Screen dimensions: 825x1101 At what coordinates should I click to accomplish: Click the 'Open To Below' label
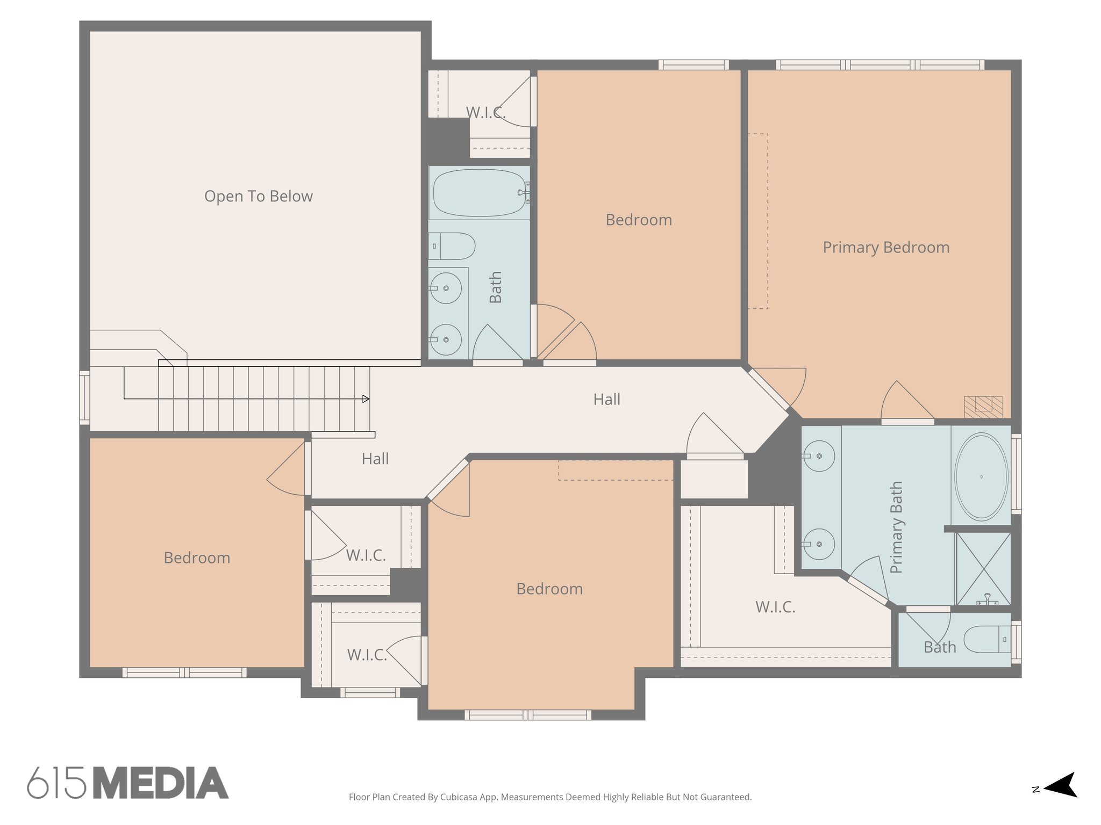tap(258, 197)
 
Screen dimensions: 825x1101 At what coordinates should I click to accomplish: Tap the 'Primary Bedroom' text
tap(885, 248)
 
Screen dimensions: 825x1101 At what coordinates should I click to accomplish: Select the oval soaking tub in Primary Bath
tap(981, 477)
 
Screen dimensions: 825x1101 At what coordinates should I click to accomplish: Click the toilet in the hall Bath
tap(453, 247)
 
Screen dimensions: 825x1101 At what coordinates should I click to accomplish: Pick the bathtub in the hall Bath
tap(479, 193)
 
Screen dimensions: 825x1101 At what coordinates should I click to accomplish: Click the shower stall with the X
tap(983, 568)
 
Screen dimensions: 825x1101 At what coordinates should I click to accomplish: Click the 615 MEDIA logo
tap(128, 783)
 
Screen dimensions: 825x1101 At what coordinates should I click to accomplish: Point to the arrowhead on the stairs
tap(366, 399)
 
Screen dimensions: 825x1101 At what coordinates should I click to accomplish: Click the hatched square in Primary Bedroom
tap(983, 407)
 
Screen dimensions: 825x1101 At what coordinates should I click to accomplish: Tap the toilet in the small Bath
tap(987, 639)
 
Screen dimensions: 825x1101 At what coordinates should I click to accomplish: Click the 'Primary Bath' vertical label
tap(896, 527)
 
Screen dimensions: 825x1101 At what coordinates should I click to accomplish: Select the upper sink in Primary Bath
tap(819, 456)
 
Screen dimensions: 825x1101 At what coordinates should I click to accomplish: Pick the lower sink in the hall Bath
tap(446, 339)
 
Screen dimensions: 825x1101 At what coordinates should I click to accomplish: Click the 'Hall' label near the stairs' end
tap(375, 459)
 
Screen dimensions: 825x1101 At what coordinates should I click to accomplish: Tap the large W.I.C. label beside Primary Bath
tap(775, 607)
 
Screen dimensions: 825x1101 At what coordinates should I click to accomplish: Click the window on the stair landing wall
tap(84, 397)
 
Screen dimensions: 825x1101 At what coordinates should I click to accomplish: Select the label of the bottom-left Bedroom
tap(197, 558)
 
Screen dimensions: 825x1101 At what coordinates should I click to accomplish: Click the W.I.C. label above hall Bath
tap(485, 113)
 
